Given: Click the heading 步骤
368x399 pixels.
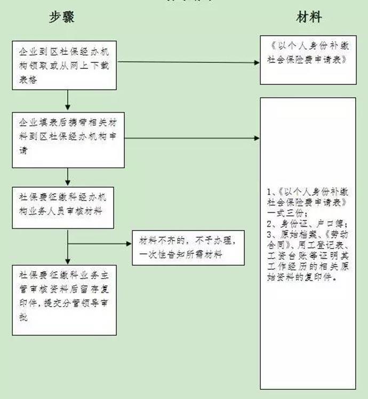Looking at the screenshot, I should coord(62,17).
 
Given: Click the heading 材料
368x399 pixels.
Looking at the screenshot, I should coord(309,17).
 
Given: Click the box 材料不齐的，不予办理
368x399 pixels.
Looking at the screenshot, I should coord(189,247).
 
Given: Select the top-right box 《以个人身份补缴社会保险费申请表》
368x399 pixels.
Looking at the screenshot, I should coord(308,60).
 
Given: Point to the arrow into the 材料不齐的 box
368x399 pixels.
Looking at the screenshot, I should coord(101,245).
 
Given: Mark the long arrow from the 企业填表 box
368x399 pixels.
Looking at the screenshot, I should coord(192,138).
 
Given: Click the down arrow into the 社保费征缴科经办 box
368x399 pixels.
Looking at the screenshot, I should coord(68,177).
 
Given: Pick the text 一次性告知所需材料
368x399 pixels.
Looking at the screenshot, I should coord(180,256).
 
